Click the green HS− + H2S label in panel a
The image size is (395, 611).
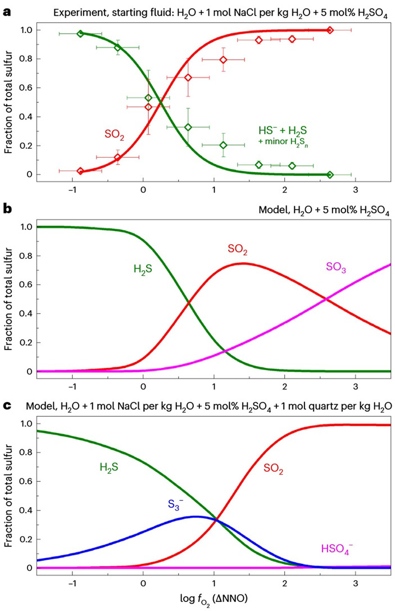pos(281,131)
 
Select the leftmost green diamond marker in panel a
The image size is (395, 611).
pos(80,34)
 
